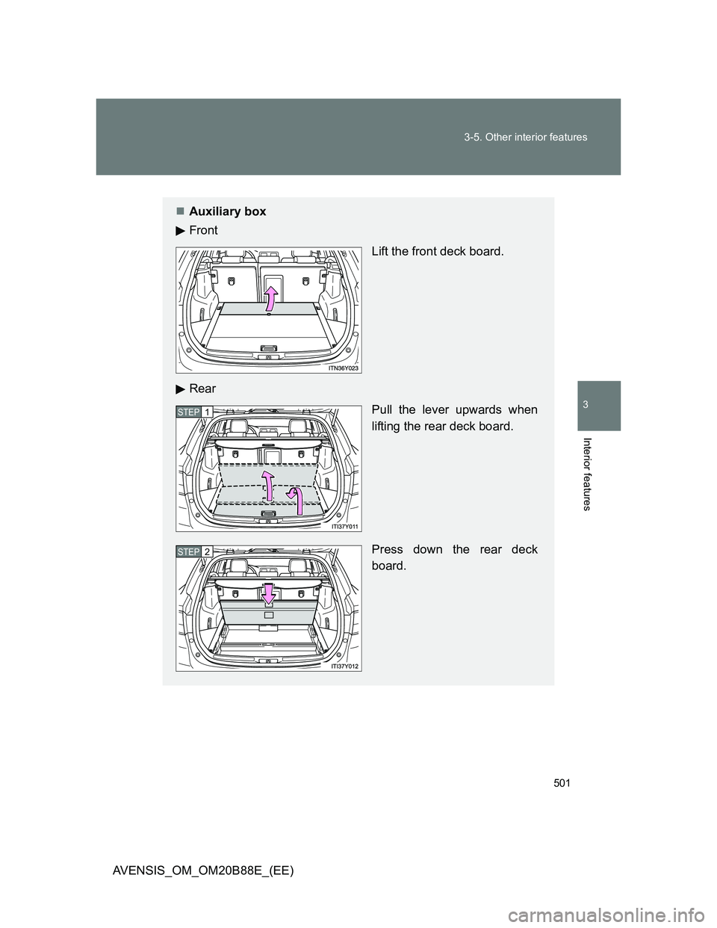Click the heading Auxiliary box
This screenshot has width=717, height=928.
click(227, 211)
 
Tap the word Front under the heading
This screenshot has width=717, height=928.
click(203, 230)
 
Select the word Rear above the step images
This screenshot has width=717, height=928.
click(202, 389)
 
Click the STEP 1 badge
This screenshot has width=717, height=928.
click(194, 412)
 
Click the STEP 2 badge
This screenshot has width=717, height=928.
click(194, 551)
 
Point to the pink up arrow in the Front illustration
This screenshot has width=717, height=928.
click(270, 299)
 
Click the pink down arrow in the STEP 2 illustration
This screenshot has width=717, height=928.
click(268, 593)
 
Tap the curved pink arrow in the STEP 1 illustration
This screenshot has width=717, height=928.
click(297, 501)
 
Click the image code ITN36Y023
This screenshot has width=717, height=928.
click(344, 368)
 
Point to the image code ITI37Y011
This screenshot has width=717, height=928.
click(344, 527)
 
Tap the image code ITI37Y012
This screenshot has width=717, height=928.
click(344, 666)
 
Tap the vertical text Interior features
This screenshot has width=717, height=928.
click(588, 474)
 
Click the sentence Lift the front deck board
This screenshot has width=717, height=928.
click(438, 252)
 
